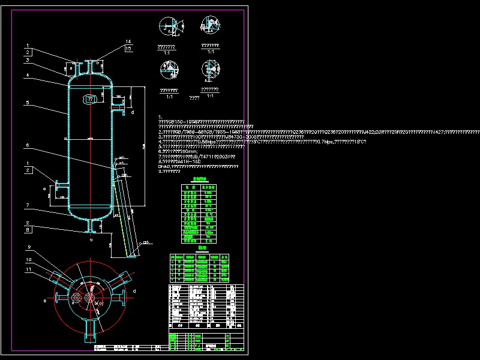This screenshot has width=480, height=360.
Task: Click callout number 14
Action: pyautogui.click(x=128, y=41)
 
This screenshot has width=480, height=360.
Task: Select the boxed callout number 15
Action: pyautogui.click(x=128, y=48)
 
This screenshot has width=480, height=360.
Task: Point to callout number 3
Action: pyautogui.click(x=28, y=60)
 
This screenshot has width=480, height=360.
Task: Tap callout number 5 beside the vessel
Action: pyautogui.click(x=28, y=103)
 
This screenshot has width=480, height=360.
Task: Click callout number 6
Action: pyautogui.click(x=28, y=145)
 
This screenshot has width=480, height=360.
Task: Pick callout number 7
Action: pyautogui.click(x=28, y=205)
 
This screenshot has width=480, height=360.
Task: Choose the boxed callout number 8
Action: pyautogui.click(x=28, y=229)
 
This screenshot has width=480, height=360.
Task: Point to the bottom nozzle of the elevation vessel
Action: pyautogui.click(x=92, y=226)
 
